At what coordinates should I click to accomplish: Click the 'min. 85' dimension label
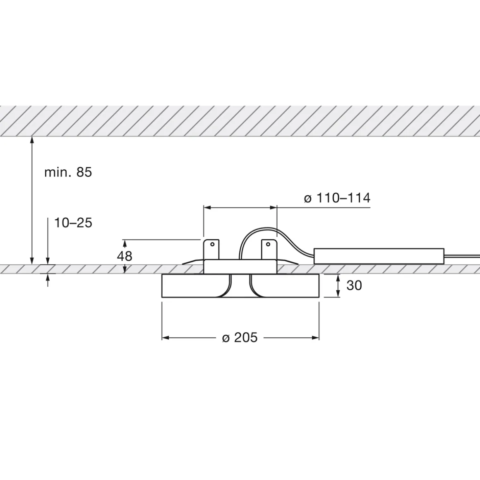click(x=68, y=172)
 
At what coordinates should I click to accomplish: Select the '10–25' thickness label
click(x=73, y=223)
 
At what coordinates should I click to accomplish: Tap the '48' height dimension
click(x=125, y=257)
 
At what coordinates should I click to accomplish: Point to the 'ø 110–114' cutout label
click(x=337, y=198)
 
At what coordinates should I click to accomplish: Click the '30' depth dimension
click(x=354, y=286)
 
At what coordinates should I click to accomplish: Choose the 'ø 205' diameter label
click(x=240, y=338)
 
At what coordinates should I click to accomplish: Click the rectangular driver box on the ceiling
click(x=379, y=256)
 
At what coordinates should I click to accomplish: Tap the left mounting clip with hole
click(x=212, y=249)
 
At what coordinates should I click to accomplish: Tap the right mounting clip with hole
click(x=269, y=249)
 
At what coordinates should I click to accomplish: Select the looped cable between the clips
click(x=248, y=236)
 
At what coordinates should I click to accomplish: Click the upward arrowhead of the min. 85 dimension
click(x=32, y=141)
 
